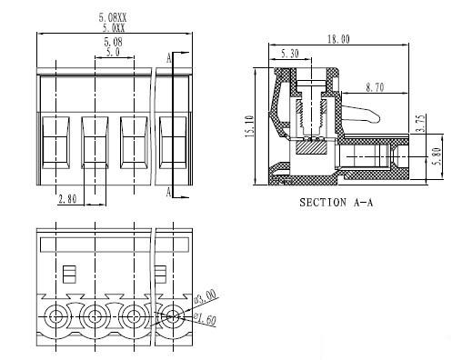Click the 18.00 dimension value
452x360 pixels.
(x=338, y=39)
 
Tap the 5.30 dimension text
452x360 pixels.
(x=290, y=54)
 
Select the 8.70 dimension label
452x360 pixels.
(x=375, y=87)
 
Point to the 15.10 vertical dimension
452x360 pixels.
(x=249, y=126)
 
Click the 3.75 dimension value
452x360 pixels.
(x=421, y=124)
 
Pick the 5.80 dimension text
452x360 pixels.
(x=437, y=157)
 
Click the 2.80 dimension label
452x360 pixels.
(x=67, y=199)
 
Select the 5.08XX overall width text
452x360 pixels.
(x=113, y=17)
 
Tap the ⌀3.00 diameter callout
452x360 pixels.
(x=205, y=296)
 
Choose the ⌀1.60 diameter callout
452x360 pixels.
(x=205, y=319)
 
